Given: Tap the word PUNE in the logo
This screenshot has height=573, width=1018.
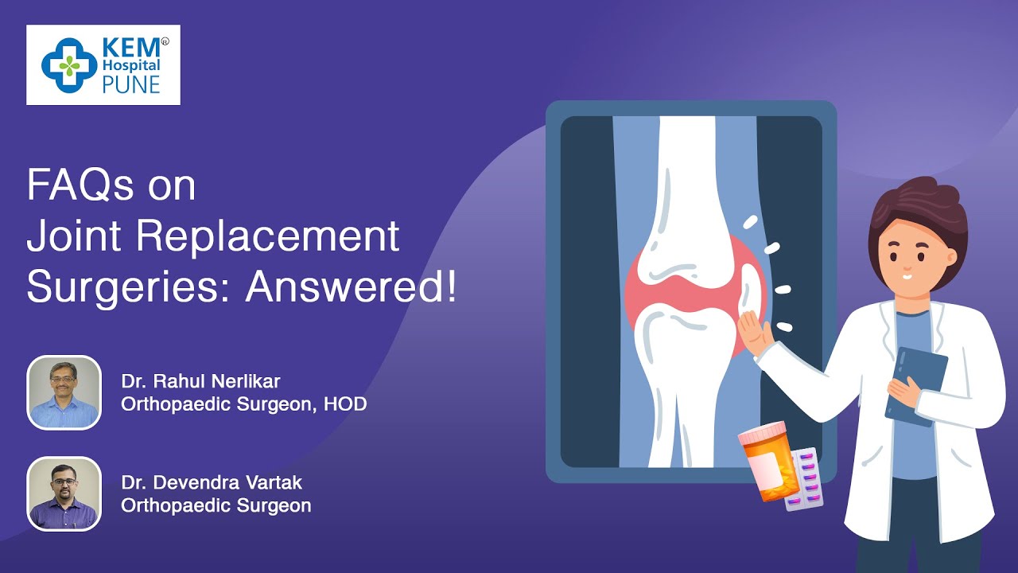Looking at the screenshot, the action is [x=131, y=85].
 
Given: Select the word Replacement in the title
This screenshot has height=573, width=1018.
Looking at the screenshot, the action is [x=268, y=236].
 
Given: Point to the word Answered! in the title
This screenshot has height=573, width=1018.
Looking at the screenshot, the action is [x=351, y=287].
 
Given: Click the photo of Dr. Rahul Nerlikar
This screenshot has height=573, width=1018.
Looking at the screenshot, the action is [x=64, y=392].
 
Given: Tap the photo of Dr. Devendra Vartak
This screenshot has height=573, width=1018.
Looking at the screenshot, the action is [x=64, y=494].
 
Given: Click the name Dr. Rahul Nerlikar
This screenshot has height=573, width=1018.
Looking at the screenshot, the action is [x=200, y=381].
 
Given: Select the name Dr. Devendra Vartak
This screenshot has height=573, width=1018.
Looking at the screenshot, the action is [x=212, y=482].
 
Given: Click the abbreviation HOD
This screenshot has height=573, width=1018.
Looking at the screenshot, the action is [x=345, y=403].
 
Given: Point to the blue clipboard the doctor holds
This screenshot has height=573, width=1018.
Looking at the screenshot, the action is [x=915, y=387].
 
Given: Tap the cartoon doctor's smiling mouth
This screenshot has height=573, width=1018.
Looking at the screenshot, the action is [x=906, y=276].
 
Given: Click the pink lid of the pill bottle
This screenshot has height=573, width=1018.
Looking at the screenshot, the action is [x=761, y=432].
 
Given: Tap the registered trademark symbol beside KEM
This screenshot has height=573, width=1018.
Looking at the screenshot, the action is [x=165, y=42].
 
